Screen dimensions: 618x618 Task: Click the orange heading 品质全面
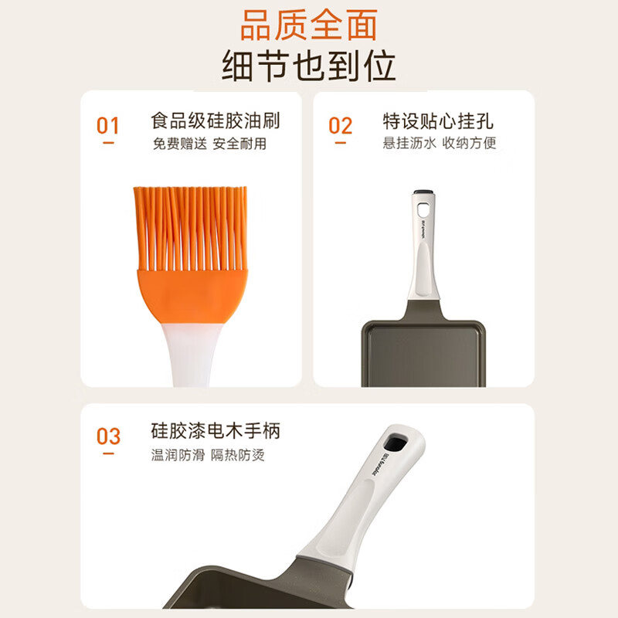click(308, 25)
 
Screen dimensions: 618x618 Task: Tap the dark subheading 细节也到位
click(308, 66)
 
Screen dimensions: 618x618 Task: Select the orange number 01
click(108, 125)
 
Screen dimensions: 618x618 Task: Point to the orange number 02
click(340, 125)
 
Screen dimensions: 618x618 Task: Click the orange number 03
click(108, 436)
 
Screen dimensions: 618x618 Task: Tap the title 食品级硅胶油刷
click(216, 121)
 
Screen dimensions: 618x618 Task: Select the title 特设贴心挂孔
click(438, 121)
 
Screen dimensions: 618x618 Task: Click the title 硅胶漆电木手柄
click(216, 431)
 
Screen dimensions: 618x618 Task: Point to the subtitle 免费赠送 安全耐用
click(209, 144)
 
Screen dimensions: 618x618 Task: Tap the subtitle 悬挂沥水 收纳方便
click(440, 144)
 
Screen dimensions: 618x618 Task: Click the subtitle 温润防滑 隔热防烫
click(209, 455)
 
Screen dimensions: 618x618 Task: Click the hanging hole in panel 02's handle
click(423, 209)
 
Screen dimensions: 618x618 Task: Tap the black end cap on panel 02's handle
click(423, 192)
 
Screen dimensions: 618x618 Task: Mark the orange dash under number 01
click(108, 143)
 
